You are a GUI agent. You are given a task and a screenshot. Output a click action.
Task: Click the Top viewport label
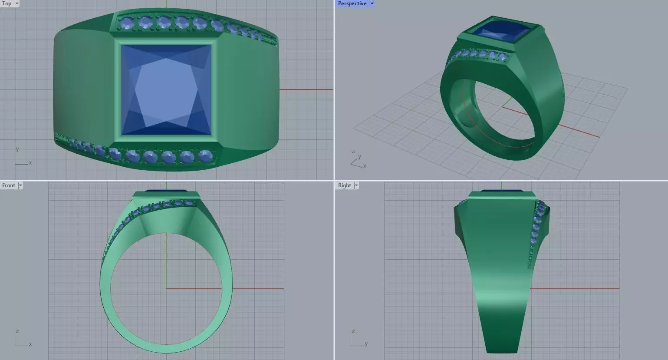(x=7, y=3)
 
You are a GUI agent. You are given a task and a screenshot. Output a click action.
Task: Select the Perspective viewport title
(x=352, y=3)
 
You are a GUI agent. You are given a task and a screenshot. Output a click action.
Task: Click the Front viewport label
(x=9, y=185)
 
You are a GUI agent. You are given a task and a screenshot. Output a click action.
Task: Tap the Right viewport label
(x=344, y=185)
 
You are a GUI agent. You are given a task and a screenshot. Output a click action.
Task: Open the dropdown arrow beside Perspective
(x=372, y=3)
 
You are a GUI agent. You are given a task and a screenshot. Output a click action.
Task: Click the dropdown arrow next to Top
(x=17, y=3)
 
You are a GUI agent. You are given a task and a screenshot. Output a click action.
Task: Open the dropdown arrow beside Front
(x=20, y=185)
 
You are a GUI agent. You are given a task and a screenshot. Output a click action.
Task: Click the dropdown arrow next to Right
(x=356, y=185)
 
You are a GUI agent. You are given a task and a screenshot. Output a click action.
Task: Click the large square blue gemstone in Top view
(x=166, y=90)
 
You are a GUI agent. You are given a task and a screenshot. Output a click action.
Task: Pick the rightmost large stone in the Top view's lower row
(x=205, y=155)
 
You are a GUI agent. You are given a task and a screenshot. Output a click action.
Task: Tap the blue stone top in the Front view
(x=166, y=190)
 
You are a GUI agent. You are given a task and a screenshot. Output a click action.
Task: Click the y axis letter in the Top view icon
(x=17, y=149)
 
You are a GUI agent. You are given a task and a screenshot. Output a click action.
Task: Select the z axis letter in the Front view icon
(x=17, y=331)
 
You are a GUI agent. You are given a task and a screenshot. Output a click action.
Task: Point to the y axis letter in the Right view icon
(x=366, y=344)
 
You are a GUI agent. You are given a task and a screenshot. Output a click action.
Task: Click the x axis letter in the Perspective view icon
(x=365, y=166)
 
